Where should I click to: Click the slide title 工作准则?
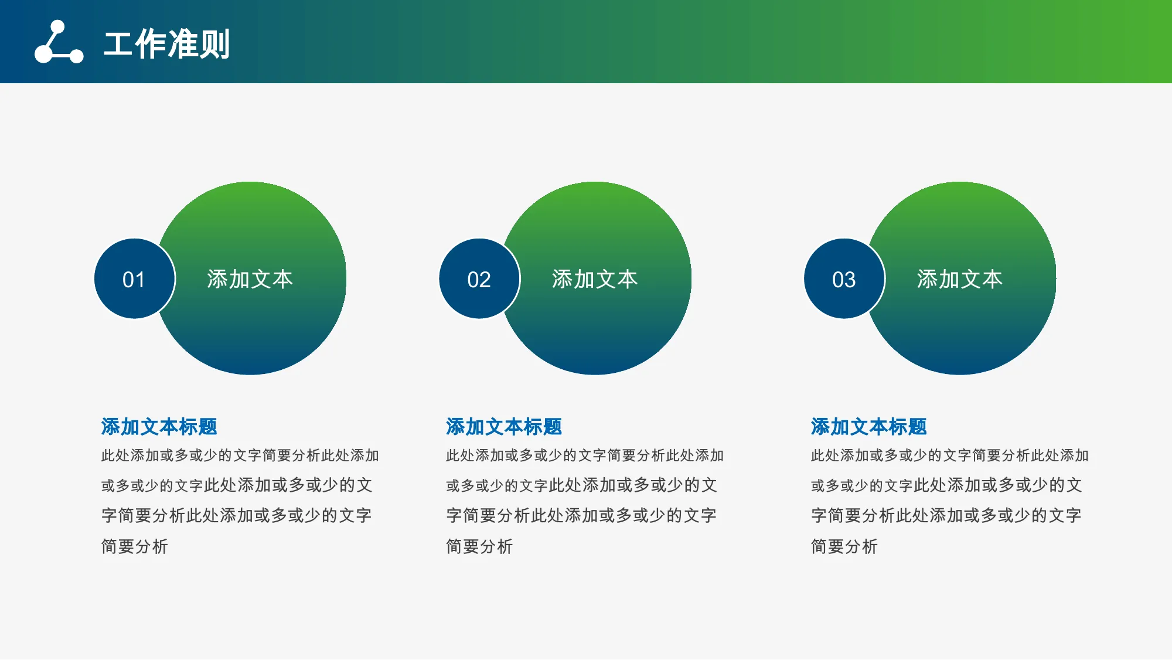click(167, 44)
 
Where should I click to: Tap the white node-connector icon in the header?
click(59, 42)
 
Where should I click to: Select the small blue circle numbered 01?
click(134, 279)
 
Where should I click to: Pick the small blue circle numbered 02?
click(479, 279)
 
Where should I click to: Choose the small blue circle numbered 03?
click(844, 279)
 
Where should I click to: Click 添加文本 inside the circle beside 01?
click(250, 279)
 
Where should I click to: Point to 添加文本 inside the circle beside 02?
click(595, 279)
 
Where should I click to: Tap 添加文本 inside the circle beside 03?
click(960, 279)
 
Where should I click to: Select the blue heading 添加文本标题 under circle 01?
click(159, 427)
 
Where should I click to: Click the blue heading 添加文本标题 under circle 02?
click(504, 427)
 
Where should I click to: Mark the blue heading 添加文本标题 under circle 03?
click(869, 427)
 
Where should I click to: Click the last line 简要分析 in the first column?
click(135, 546)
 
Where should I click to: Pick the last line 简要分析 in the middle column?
click(479, 546)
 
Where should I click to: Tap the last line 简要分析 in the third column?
click(844, 546)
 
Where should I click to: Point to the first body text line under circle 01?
click(240, 455)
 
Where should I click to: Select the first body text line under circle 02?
click(585, 455)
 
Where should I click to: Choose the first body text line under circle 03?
click(950, 455)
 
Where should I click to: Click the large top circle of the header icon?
click(58, 27)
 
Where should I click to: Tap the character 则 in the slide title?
click(215, 44)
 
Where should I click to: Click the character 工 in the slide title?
click(118, 44)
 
